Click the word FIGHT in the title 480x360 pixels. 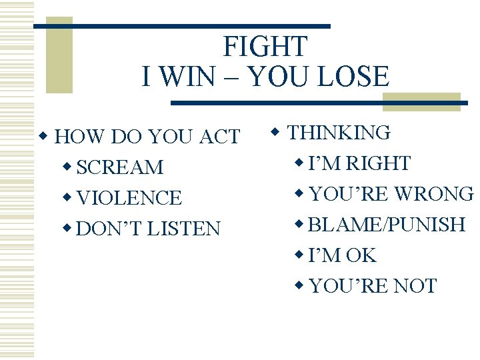(265, 47)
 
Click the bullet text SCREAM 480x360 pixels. (120, 167)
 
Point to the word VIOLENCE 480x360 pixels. (129, 198)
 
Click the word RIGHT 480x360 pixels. (378, 163)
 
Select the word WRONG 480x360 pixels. (435, 194)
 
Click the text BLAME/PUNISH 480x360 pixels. (387, 225)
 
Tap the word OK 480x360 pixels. (361, 255)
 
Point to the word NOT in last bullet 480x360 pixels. (415, 286)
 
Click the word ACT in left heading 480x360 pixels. (219, 137)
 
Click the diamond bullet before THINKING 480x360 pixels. (277, 133)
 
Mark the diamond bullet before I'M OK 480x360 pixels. (299, 255)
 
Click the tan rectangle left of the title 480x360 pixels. (59, 57)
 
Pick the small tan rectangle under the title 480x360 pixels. (421, 102)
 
